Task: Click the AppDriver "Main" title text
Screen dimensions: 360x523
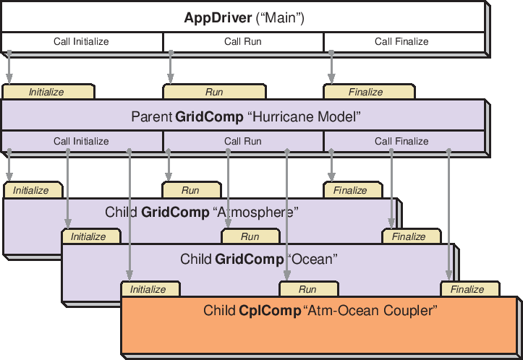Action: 244,18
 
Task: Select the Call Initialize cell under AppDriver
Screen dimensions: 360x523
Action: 81,42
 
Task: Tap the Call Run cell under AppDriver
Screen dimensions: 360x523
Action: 242,42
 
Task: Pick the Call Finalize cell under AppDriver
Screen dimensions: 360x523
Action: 401,42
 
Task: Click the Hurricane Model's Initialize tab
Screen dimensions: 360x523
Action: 47,92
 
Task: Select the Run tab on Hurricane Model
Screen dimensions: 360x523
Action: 214,92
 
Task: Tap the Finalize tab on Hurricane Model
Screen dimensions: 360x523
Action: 366,92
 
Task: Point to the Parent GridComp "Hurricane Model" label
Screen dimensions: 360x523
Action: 245,116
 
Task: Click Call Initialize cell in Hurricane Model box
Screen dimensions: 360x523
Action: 81,142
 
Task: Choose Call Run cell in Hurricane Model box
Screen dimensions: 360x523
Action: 242,142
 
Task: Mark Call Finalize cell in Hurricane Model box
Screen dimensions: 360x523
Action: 401,142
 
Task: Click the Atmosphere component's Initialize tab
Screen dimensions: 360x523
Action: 31,191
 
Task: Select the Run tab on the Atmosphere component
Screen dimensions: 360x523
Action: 190,191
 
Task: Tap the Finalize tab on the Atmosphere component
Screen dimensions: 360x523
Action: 350,191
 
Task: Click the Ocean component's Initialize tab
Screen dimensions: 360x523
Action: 88,236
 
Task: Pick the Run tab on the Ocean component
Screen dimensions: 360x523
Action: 250,236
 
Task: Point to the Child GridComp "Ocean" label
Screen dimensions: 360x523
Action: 259,259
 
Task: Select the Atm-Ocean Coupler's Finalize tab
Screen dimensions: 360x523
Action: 467,289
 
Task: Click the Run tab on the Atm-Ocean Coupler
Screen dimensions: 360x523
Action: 307,289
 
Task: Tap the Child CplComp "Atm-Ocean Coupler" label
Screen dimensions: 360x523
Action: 320,312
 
